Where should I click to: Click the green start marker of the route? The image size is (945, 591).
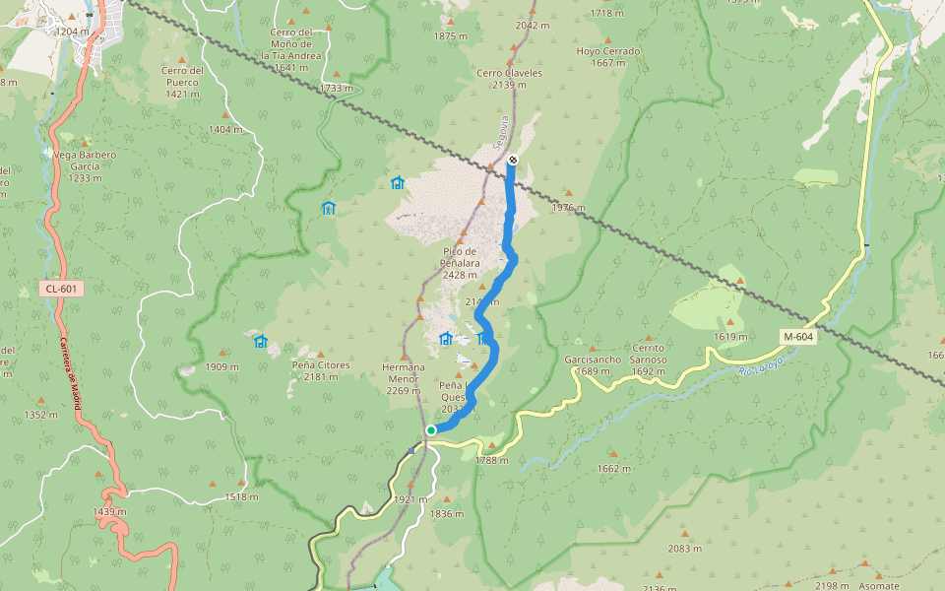(431, 430)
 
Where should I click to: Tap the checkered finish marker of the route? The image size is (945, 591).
(513, 161)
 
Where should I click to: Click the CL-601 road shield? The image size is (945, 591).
(61, 289)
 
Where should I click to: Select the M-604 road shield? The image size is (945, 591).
(798, 337)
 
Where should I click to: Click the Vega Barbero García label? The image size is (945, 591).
(85, 161)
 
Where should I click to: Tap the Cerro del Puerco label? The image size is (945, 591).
(183, 76)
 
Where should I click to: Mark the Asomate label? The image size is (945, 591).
(878, 586)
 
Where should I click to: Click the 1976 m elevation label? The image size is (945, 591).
(568, 208)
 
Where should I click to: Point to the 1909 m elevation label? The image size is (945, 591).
(222, 366)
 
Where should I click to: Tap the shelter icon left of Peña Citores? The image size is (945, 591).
(260, 342)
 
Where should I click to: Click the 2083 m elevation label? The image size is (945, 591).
(683, 549)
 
